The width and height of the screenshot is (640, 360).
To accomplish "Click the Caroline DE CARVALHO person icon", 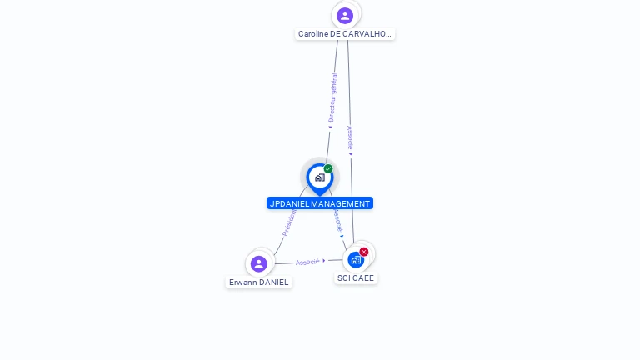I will pyautogui.click(x=345, y=15).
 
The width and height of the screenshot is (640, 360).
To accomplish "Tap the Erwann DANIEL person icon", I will pyautogui.click(x=259, y=263).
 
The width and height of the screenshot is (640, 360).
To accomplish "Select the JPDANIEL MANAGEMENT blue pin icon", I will pyautogui.click(x=319, y=177).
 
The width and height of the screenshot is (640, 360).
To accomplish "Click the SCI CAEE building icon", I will pyautogui.click(x=356, y=259).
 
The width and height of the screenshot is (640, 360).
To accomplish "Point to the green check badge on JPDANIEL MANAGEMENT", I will pyautogui.click(x=328, y=169).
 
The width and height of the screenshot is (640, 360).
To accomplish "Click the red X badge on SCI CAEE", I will pyautogui.click(x=364, y=252).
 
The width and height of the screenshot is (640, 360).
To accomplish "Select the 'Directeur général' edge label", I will pyautogui.click(x=332, y=98).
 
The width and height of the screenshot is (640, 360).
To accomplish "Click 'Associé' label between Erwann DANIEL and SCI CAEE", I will pyautogui.click(x=307, y=262).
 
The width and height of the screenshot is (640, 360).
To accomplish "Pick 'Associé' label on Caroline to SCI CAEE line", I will pyautogui.click(x=350, y=137).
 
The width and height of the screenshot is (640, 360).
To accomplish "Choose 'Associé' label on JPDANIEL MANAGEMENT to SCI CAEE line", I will pyautogui.click(x=337, y=219).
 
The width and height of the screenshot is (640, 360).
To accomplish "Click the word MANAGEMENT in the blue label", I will pyautogui.click(x=340, y=203).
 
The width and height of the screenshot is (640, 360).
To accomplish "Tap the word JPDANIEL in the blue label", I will pyautogui.click(x=289, y=203).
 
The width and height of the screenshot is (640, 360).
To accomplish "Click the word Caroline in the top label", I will pyautogui.click(x=313, y=34).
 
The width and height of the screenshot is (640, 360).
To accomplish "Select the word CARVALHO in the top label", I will pyautogui.click(x=367, y=34).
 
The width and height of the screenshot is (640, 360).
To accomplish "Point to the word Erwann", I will pyautogui.click(x=242, y=282).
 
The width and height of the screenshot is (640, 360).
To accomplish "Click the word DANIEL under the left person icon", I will pyautogui.click(x=273, y=282).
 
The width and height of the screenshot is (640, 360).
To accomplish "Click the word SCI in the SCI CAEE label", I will pyautogui.click(x=343, y=278).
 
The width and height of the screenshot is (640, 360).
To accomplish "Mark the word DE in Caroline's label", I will pyautogui.click(x=336, y=34).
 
